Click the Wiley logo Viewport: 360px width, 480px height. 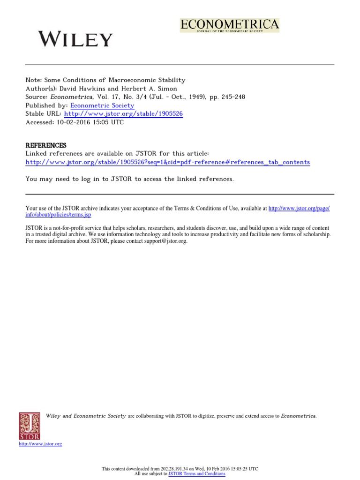click(75, 39)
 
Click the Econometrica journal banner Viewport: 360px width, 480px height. click(230, 25)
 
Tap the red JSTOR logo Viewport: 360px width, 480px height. click(29, 426)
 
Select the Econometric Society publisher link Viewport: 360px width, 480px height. click(102, 105)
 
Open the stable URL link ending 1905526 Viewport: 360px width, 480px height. click(123, 114)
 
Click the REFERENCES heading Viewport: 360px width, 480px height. click(46, 145)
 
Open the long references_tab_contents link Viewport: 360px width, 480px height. click(167, 162)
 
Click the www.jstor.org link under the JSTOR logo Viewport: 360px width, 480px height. click(40, 444)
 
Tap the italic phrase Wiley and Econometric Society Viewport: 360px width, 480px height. click(86, 416)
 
